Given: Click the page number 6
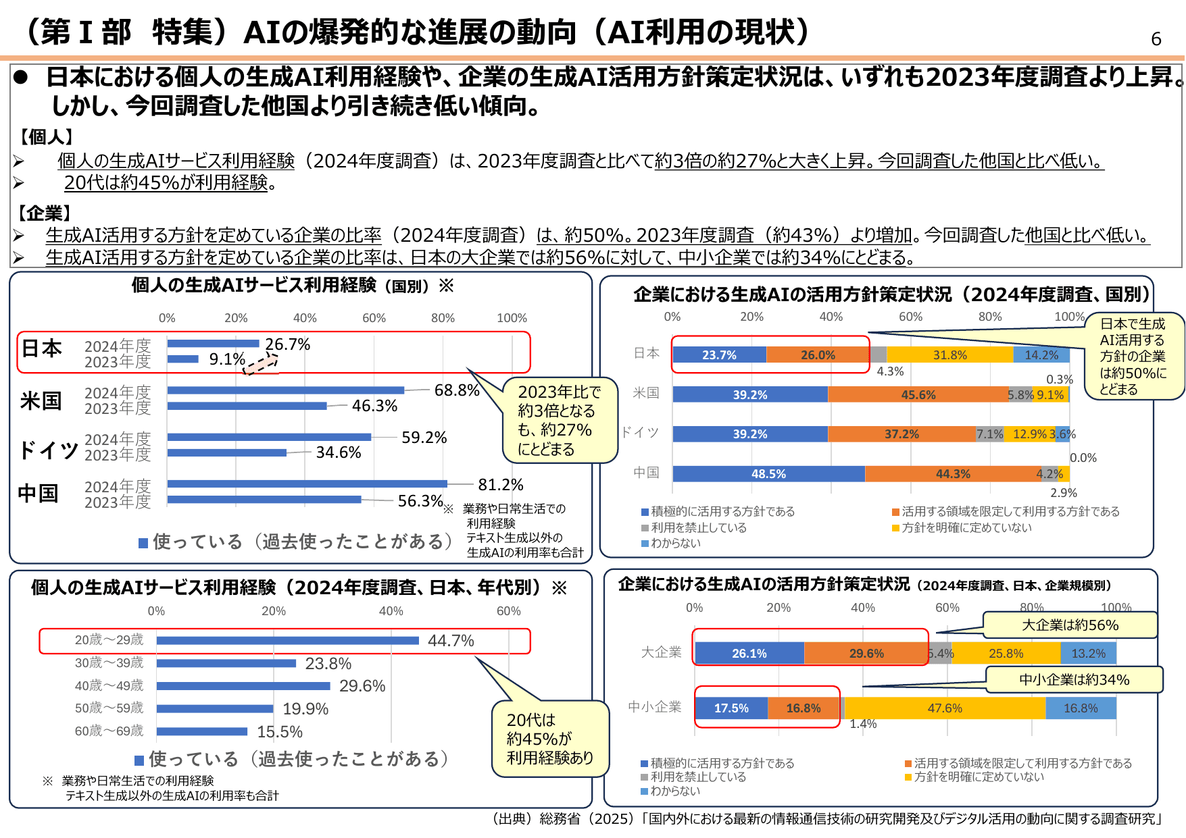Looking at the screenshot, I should (1156, 39).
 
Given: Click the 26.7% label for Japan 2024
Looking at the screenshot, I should (287, 344).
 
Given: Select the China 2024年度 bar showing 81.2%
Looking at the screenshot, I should (307, 483).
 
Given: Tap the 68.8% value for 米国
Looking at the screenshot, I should (457, 390).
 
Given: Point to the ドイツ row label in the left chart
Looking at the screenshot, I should (48, 449).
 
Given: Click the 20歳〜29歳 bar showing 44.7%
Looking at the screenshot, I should (287, 640).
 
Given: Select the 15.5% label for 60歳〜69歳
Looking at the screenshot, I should (280, 732).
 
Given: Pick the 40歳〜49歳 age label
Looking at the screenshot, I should (109, 686).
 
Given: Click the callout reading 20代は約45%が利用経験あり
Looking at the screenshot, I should (549, 739).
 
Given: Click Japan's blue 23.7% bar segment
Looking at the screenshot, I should (719, 355).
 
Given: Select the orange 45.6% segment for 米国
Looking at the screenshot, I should (918, 394).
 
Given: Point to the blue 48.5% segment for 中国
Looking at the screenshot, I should (768, 474).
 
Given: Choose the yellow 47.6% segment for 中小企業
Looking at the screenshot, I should (945, 708).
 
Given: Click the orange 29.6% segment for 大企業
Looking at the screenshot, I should (866, 654).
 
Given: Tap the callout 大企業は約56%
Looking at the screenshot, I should (1070, 625).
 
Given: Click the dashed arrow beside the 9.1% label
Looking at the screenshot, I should (260, 365).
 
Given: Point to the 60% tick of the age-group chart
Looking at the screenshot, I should (508, 611).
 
